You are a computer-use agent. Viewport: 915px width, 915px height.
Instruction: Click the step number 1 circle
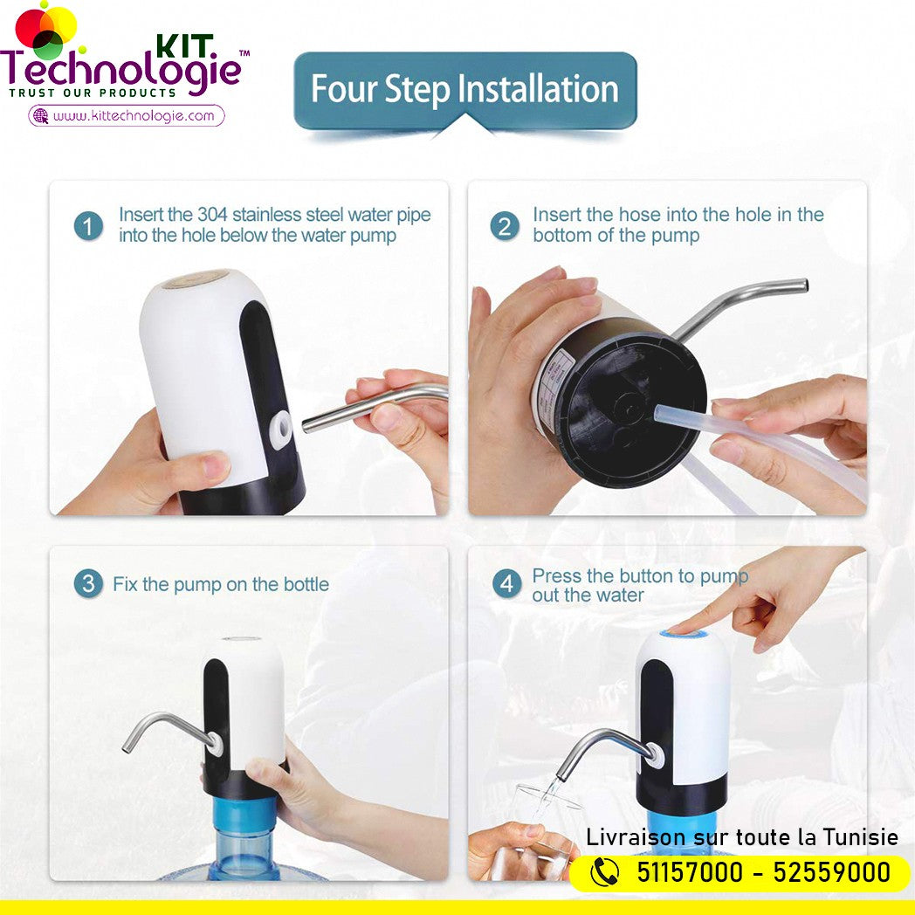[x=88, y=226]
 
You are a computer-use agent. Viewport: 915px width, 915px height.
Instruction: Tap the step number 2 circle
[x=505, y=226]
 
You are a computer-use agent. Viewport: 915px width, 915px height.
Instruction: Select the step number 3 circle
[x=88, y=583]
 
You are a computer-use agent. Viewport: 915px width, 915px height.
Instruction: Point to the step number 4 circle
[x=506, y=583]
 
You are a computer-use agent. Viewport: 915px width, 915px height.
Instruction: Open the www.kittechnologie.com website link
[x=134, y=115]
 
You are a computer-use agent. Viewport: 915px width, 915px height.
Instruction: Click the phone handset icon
[x=604, y=872]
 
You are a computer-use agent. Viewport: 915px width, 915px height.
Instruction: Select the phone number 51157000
[x=689, y=872]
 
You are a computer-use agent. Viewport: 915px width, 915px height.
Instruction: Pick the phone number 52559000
[x=831, y=872]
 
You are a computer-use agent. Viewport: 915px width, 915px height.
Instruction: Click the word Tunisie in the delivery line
[x=861, y=836]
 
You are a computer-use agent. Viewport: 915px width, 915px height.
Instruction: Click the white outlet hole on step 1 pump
[x=280, y=429]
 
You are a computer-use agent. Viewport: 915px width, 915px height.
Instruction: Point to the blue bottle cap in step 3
[x=243, y=820]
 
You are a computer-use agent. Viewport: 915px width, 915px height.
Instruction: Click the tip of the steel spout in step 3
[x=126, y=747]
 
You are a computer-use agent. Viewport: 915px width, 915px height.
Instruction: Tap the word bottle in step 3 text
[x=306, y=584]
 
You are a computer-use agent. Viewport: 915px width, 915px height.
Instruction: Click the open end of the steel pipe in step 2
[x=805, y=286]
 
